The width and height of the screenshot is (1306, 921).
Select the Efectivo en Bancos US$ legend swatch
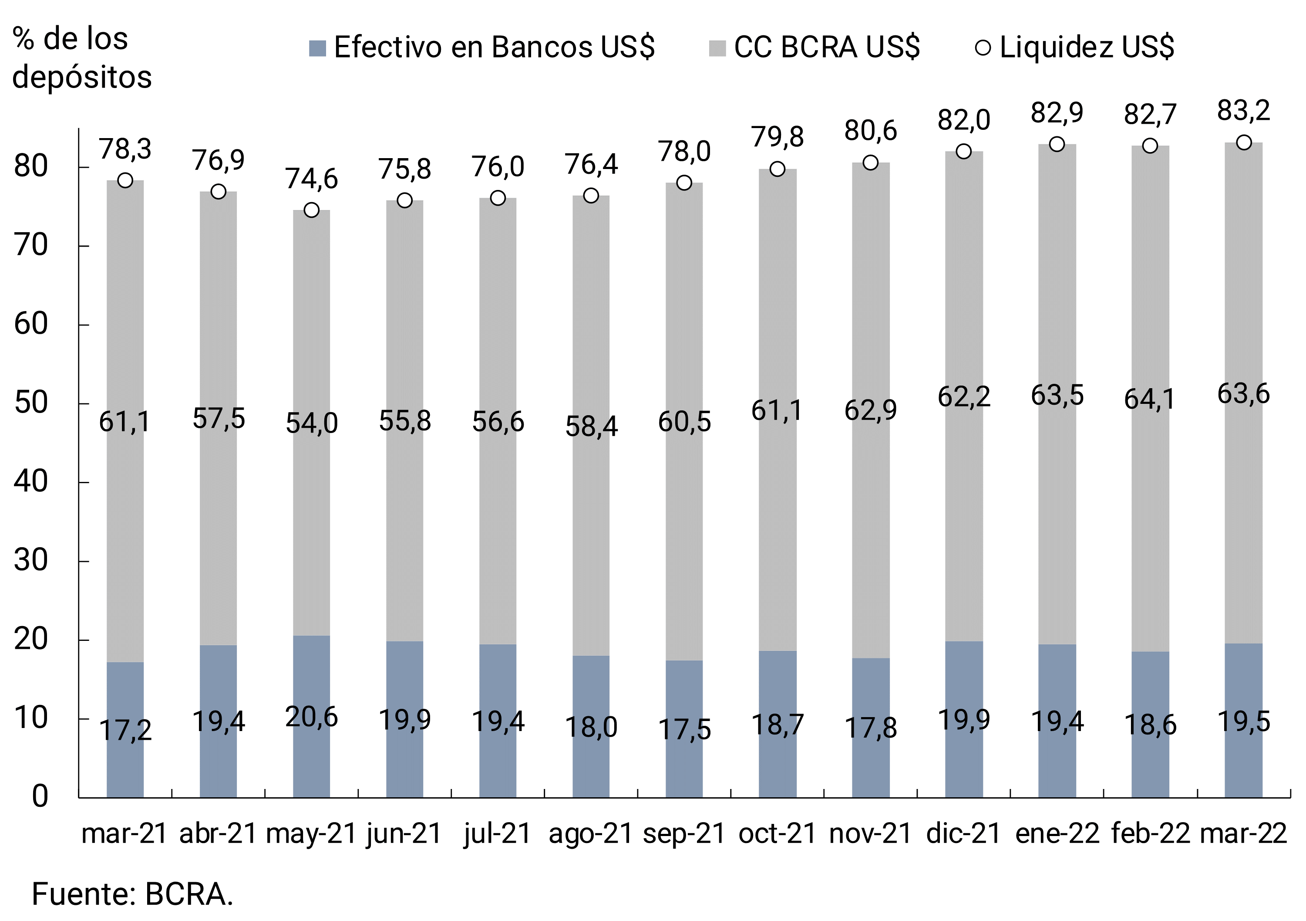[317, 48]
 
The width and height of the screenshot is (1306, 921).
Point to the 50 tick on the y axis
[31, 403]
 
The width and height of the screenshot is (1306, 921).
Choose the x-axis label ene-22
[1057, 834]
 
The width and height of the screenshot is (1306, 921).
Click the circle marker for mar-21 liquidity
[125, 180]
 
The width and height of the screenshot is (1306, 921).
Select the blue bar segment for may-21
[311, 672]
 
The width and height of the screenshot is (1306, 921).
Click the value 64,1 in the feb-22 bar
[1150, 399]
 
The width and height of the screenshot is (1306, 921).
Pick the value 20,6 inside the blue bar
[311, 717]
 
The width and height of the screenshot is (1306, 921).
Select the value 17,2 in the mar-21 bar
[125, 730]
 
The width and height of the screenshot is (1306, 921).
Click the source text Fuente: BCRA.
[132, 894]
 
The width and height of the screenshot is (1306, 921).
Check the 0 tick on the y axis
[39, 796]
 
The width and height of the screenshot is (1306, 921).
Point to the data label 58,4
[591, 427]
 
